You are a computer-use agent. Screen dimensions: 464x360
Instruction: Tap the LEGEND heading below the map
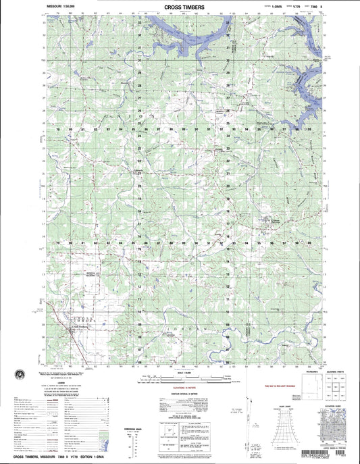pyautogui.click(x=61, y=382)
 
